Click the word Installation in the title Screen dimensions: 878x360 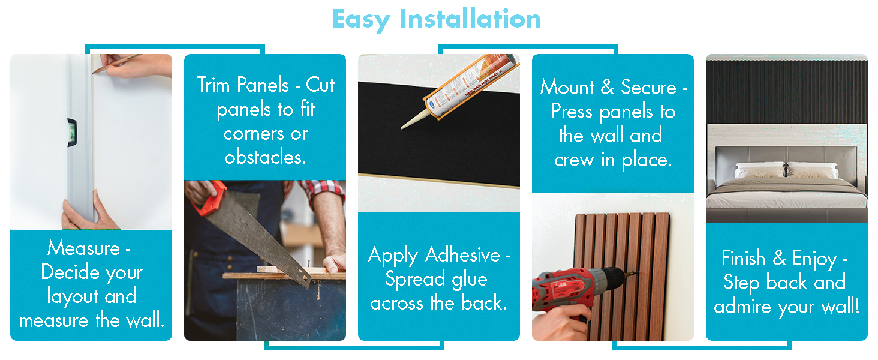pyautogui.click(x=470, y=19)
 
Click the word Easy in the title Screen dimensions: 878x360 pyautogui.click(x=361, y=20)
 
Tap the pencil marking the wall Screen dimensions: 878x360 pyautogui.click(x=116, y=64)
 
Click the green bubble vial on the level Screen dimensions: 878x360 pyautogui.click(x=73, y=133)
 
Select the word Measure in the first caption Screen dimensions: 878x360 pyautogui.click(x=83, y=248)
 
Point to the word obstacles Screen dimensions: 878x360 pyautogui.click(x=265, y=157)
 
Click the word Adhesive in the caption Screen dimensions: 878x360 pyautogui.click(x=462, y=255)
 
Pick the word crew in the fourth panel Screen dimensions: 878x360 pyautogui.click(x=574, y=160)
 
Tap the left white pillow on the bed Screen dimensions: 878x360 pyautogui.click(x=760, y=170)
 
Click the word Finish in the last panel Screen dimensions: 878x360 pyautogui.click(x=743, y=258)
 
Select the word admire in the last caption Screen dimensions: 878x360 pyautogui.click(x=742, y=306)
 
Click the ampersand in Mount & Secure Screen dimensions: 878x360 pyautogui.click(x=607, y=86)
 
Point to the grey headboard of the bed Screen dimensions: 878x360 pyautogui.click(x=786, y=157)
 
